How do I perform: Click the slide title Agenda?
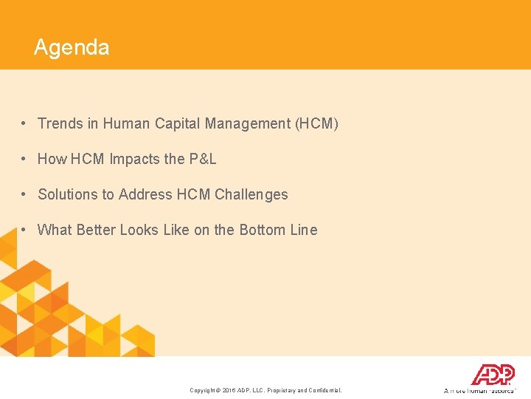click(72, 48)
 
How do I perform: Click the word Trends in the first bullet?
click(60, 123)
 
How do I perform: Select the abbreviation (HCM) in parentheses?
click(316, 123)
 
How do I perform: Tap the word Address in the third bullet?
click(145, 194)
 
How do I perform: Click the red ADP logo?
click(493, 375)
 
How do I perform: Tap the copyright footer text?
click(265, 390)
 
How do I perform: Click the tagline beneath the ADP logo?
click(479, 390)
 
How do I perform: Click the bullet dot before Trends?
click(24, 123)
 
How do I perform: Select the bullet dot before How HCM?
click(24, 159)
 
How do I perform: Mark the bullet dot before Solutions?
click(24, 194)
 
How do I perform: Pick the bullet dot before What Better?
click(24, 230)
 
